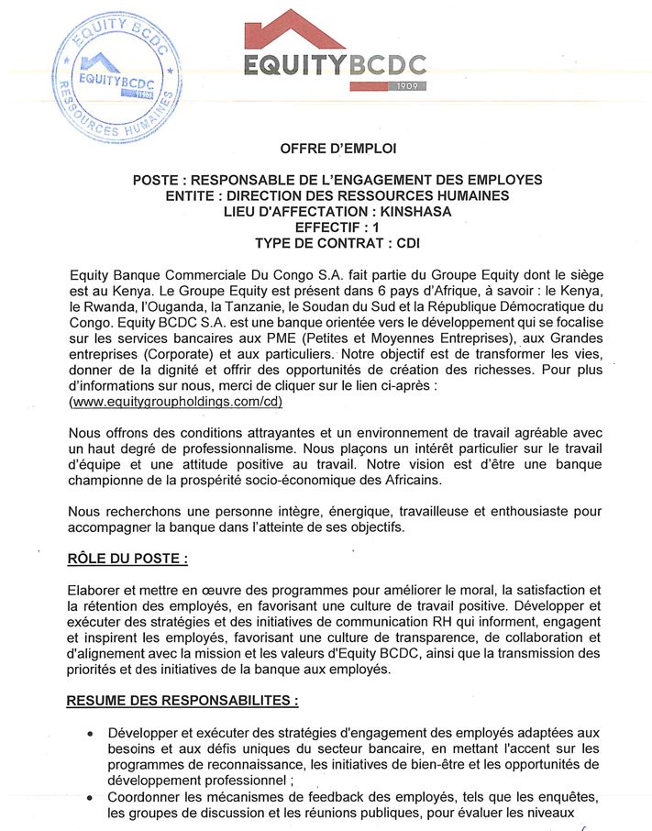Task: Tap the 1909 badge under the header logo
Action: tap(407, 85)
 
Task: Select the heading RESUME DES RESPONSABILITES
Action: tap(183, 700)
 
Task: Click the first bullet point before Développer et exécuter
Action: tap(90, 735)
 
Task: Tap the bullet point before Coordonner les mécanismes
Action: tap(90, 798)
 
